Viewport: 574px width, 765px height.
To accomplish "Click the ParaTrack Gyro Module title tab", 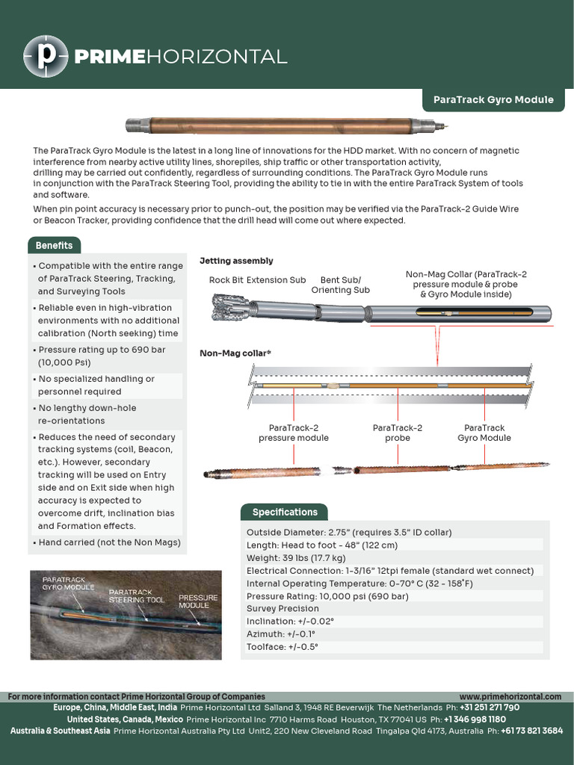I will [493, 99].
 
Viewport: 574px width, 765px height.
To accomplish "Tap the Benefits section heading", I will [55, 245].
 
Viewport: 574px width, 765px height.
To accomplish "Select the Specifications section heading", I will [284, 512].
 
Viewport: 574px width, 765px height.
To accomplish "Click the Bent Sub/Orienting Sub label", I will [340, 285].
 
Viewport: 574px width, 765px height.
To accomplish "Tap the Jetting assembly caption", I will [236, 261].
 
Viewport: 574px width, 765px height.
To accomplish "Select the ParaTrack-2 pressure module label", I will [294, 433].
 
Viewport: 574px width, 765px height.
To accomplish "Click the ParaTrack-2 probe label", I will [397, 433].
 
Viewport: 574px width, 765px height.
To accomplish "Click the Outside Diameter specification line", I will [349, 533].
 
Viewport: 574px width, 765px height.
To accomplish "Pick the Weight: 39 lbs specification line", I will [296, 558].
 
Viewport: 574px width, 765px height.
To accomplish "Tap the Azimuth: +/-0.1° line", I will [280, 634].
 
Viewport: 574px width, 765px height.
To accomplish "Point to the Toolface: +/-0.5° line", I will [283, 647].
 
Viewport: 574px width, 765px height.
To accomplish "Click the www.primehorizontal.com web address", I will [510, 696].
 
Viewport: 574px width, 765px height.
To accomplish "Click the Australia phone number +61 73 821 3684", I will [531, 731].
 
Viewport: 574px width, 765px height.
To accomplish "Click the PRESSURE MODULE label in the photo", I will [197, 601].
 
